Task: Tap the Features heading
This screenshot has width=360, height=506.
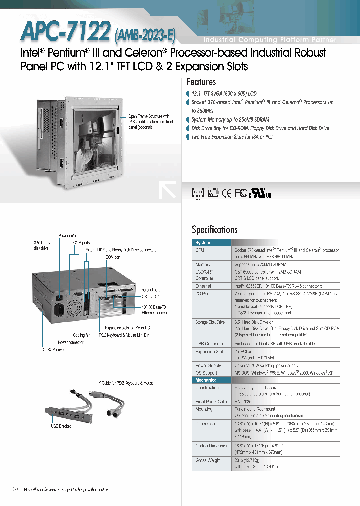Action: point(201,82)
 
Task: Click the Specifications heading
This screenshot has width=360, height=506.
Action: point(214,229)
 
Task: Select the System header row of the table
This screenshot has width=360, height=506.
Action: point(203,243)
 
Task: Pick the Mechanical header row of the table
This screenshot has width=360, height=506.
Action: point(206,380)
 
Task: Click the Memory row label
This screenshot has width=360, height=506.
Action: point(203,264)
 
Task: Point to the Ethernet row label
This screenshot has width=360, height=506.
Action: point(203,286)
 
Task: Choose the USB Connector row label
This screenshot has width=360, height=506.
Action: point(210,344)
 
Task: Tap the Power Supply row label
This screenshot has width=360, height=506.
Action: point(208,366)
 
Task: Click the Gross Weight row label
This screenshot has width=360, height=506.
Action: point(208,460)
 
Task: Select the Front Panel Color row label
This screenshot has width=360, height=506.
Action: point(211,402)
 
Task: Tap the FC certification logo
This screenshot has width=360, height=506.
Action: point(241,193)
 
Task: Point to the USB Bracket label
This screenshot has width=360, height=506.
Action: point(60,426)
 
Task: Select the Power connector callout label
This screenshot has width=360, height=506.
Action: point(71,342)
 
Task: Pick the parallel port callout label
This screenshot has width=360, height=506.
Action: point(150,289)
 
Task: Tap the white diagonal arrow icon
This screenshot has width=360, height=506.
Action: point(167,190)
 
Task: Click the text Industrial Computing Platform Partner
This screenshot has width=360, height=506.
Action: point(269,40)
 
